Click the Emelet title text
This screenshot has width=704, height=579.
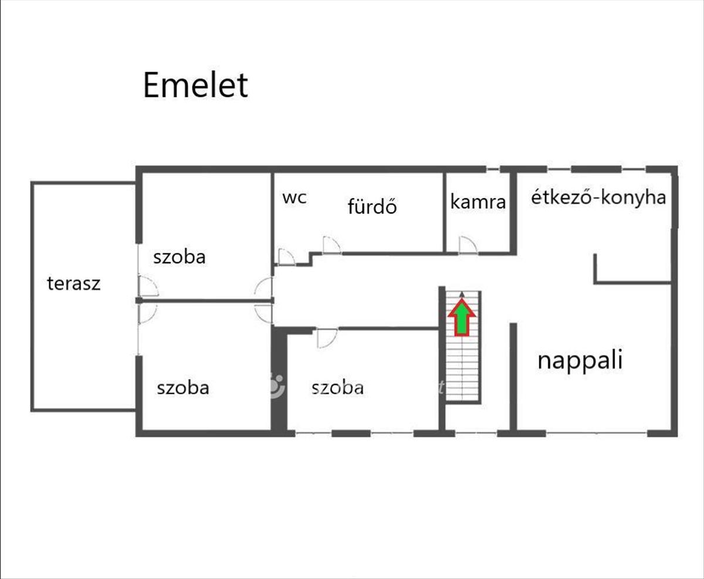click(195, 86)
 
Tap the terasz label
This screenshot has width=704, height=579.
click(74, 284)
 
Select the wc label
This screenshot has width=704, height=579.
click(294, 198)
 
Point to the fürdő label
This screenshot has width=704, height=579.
click(372, 206)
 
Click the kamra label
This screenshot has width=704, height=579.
click(478, 202)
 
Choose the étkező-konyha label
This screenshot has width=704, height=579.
click(598, 198)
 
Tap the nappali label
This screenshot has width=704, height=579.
click(580, 360)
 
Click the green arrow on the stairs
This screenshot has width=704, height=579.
click(462, 317)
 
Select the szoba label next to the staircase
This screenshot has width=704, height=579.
click(337, 388)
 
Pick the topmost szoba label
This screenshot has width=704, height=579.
click(180, 257)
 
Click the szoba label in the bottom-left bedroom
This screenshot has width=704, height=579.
click(182, 388)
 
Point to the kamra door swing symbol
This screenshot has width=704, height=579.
click(468, 245)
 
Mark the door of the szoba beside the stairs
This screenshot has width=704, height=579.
click(326, 338)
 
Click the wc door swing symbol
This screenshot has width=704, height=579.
click(286, 257)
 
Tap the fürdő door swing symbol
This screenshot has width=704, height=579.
click(331, 245)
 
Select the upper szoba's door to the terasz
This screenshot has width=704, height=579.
click(148, 286)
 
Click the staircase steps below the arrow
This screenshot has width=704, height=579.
click(462, 370)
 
